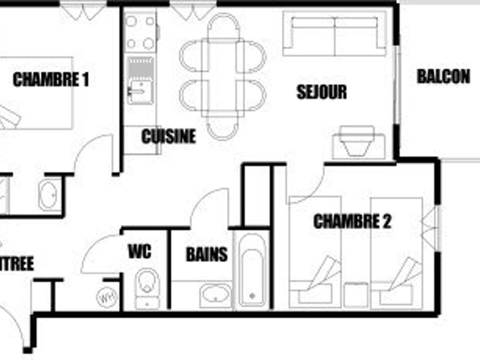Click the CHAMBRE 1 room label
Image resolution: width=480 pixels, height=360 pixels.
50,79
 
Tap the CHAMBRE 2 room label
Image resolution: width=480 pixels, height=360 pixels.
352,221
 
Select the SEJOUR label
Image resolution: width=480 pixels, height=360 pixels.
321,91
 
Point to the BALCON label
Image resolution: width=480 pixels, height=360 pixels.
443,76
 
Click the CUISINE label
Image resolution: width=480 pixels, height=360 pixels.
168,136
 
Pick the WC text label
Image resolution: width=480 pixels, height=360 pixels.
139,251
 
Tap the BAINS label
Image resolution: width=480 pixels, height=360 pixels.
206,254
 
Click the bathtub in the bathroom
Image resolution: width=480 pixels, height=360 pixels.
251,270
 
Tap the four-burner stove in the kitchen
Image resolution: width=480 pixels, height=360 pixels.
140,32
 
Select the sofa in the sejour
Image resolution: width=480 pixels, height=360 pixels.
334,34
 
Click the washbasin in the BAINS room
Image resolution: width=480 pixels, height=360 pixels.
216,294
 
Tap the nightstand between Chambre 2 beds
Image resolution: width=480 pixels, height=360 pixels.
356,295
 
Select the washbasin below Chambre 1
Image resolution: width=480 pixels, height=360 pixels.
48,194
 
